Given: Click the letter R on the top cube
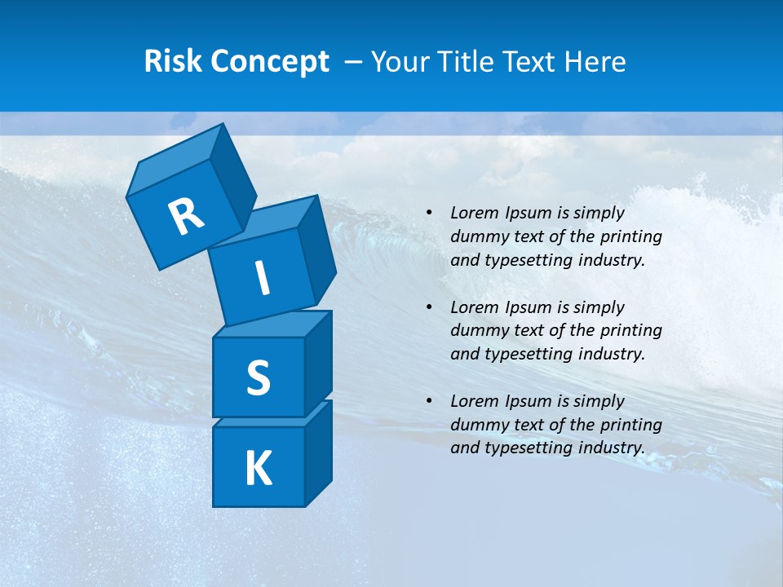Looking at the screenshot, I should coord(186,217).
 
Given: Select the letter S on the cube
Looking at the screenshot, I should coord(258,377).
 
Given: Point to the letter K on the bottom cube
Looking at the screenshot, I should coord(258,468).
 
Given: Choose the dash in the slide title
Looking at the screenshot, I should coord(354,62).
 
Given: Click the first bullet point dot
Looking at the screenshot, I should coord(429,213).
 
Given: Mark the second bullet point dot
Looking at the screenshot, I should coord(429,307).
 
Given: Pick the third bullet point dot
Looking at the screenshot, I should coord(429,401).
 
